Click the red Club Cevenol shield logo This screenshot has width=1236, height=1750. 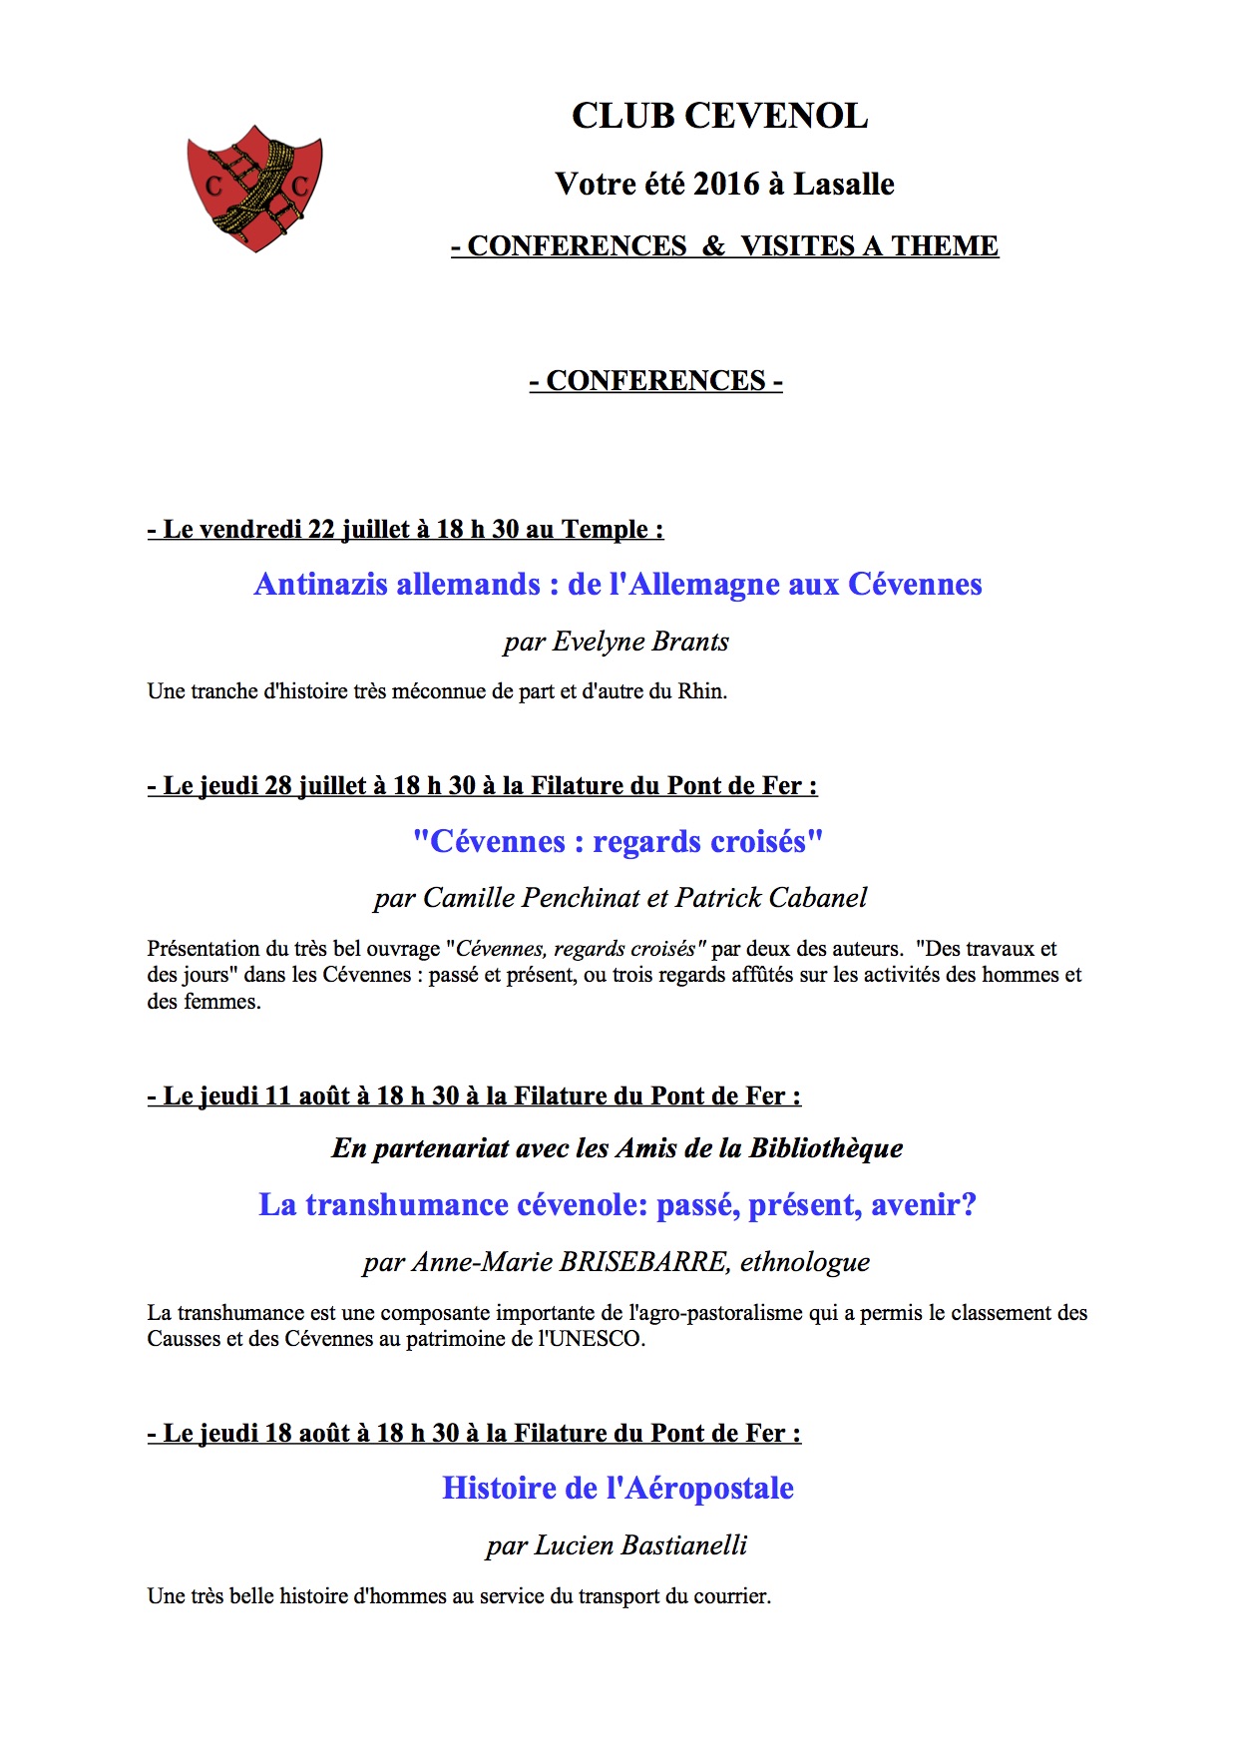[x=254, y=188]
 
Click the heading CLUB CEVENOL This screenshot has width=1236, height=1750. [x=719, y=116]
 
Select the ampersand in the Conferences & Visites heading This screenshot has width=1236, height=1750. [x=713, y=246]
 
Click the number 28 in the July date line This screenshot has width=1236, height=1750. [x=278, y=786]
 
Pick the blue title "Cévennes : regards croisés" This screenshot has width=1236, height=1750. [x=618, y=841]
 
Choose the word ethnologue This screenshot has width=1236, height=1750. [x=805, y=1262]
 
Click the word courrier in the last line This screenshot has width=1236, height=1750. [x=733, y=1596]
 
